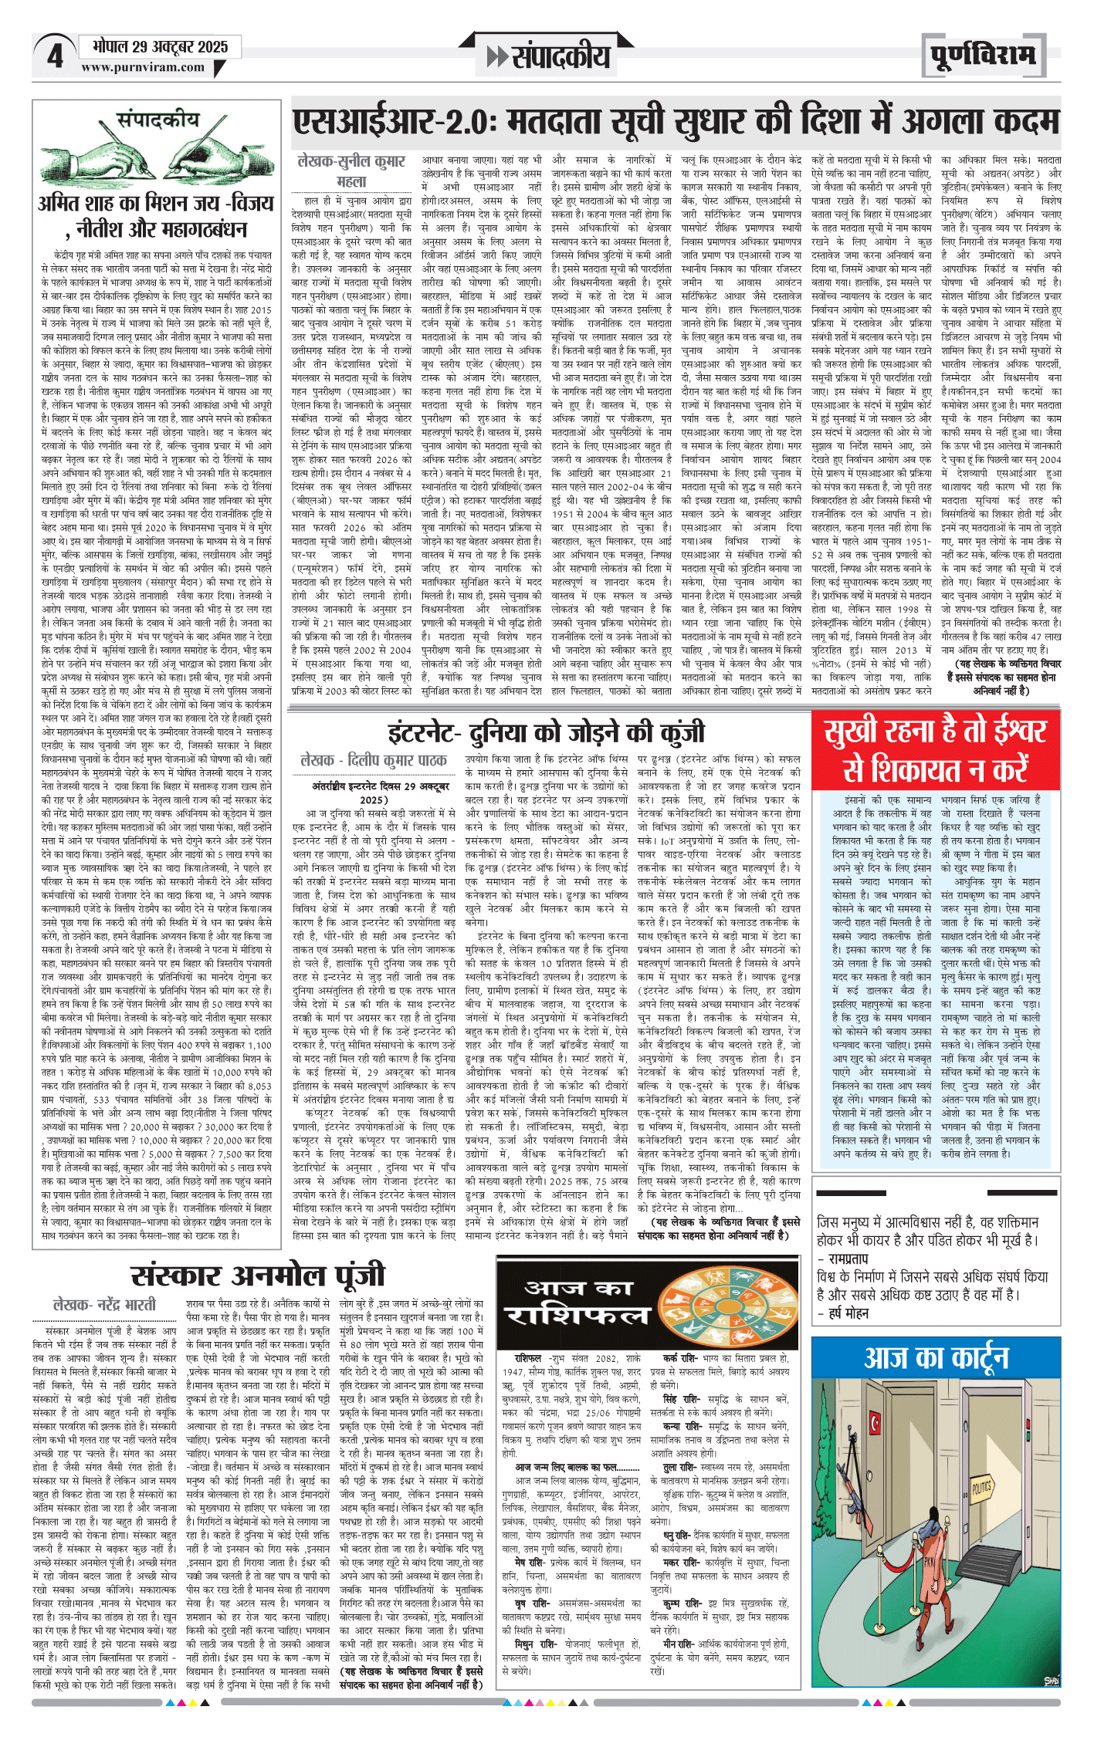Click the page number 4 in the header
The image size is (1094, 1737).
point(54,56)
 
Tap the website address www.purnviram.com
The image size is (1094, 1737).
point(143,68)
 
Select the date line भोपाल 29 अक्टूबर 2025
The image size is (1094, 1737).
point(160,47)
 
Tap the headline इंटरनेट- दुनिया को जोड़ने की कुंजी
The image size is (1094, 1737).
point(546,732)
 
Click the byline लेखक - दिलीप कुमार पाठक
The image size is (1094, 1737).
point(374,760)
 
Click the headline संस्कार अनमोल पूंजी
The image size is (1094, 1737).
point(257,1275)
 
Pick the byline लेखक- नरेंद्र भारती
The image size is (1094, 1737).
point(104,1305)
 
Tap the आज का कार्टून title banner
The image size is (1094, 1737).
point(936,1357)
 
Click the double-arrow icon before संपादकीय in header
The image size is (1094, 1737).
point(497,56)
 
